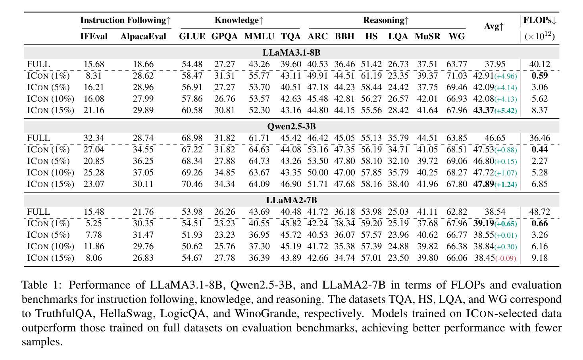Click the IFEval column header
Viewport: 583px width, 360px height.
(x=94, y=36)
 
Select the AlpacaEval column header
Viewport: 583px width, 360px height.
(x=143, y=36)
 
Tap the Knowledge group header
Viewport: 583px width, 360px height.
(x=239, y=20)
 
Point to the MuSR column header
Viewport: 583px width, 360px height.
(x=427, y=36)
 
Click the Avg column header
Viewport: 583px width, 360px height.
(x=494, y=26)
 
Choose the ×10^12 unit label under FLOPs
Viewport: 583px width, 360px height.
(x=539, y=36)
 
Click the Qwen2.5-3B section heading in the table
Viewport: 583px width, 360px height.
(x=291, y=127)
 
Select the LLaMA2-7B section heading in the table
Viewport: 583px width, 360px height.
(x=291, y=200)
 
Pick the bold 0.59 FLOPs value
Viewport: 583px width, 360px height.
(x=539, y=75)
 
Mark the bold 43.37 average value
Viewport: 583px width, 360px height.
(x=483, y=110)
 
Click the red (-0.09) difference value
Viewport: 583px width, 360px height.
(x=506, y=258)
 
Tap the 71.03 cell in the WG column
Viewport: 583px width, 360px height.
(x=457, y=75)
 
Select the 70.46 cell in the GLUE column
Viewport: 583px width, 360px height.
(x=192, y=184)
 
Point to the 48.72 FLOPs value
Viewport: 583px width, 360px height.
(x=539, y=212)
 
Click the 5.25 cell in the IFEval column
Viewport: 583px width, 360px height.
(x=94, y=223)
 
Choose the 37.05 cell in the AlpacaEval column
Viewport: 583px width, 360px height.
(x=143, y=173)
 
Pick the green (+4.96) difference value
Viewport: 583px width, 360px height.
(x=506, y=76)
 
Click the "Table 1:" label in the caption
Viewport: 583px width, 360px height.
(x=42, y=285)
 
